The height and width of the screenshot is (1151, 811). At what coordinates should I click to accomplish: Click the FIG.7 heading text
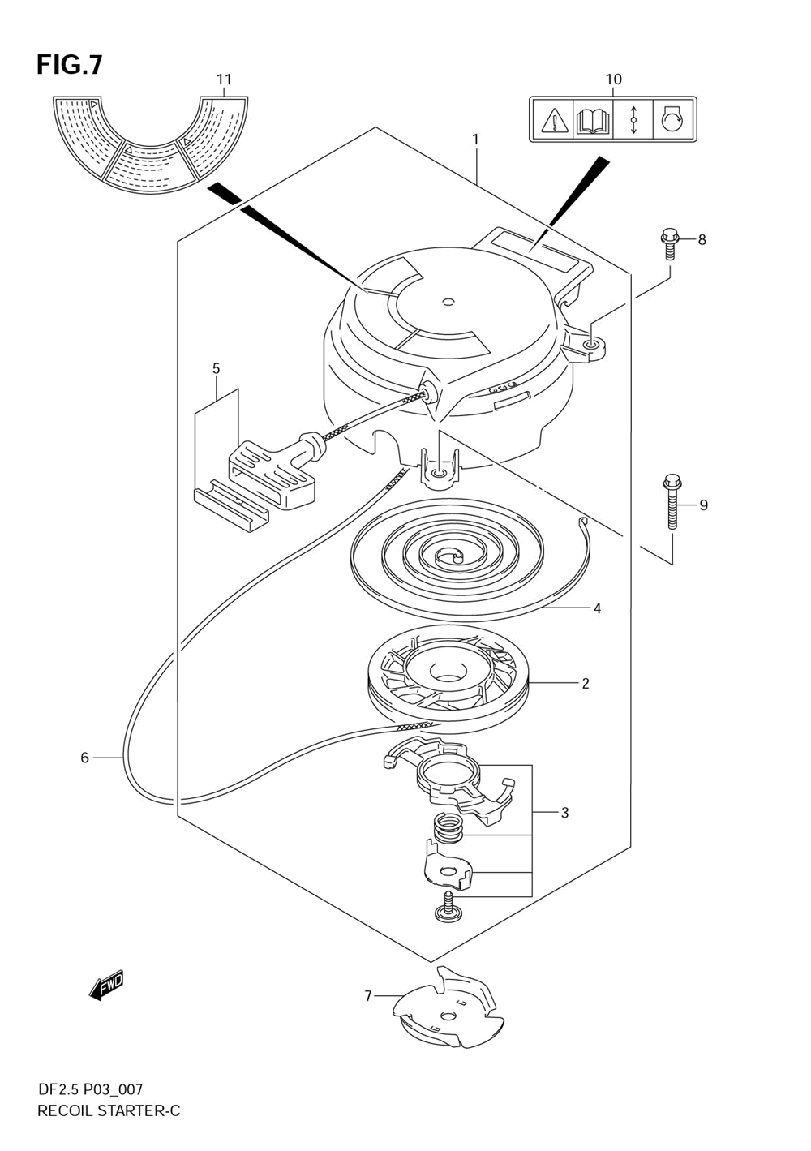click(69, 65)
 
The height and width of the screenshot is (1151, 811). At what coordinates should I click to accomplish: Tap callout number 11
click(224, 79)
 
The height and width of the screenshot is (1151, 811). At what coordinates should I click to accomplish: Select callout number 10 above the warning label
click(613, 79)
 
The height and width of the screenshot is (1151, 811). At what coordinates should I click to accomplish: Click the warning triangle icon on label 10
click(554, 121)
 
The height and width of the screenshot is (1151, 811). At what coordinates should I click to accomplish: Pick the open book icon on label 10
click(593, 121)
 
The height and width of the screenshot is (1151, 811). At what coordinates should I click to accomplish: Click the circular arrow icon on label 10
click(672, 121)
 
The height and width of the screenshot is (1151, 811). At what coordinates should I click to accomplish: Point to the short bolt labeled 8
click(669, 243)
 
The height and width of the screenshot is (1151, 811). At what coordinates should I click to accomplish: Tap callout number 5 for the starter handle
click(216, 368)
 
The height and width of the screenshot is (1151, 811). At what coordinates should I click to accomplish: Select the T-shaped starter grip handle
click(272, 470)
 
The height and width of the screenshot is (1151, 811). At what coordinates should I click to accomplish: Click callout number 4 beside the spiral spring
click(597, 608)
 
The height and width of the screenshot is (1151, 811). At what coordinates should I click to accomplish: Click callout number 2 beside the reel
click(585, 683)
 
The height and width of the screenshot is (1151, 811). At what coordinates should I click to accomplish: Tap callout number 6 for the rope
click(84, 758)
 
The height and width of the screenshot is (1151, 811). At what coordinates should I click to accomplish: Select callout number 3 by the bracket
click(564, 812)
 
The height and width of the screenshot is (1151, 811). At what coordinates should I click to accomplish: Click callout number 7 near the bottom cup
click(367, 995)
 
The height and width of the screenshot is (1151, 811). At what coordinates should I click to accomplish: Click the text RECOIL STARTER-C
click(109, 1110)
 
